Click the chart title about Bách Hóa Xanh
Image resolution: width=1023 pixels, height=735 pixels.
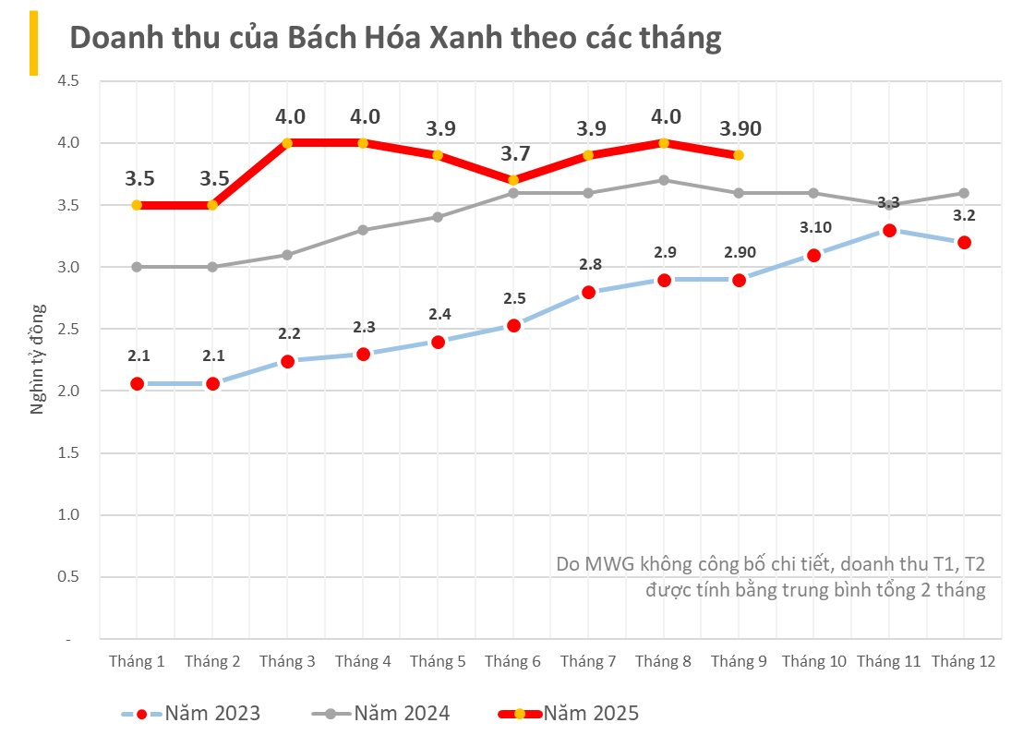(395, 38)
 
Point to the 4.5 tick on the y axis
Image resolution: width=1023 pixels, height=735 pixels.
(68, 81)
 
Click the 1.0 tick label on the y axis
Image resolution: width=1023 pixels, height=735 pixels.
(68, 514)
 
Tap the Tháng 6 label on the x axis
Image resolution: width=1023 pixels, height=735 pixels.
(512, 661)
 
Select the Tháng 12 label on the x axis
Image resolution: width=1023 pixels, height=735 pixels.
(963, 661)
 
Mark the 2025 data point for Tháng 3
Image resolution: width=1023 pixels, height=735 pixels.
(287, 143)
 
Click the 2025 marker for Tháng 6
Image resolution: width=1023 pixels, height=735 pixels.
(513, 180)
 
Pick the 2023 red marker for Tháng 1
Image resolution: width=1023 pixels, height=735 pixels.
(137, 383)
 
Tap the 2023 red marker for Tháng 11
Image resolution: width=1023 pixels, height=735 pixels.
(889, 230)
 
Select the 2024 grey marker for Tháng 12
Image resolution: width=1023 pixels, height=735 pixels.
(964, 193)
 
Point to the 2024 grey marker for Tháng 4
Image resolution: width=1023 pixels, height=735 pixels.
(363, 230)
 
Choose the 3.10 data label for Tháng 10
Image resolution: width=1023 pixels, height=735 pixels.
(813, 227)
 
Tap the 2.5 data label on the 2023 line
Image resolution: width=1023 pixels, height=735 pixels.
(513, 297)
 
